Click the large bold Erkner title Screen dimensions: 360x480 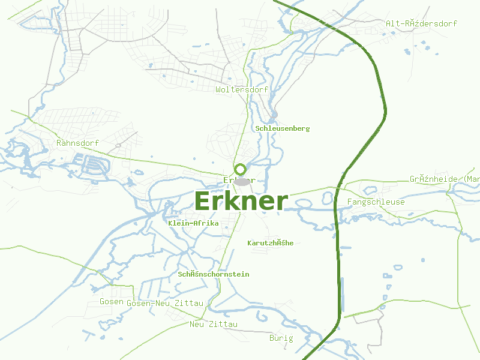[241, 202]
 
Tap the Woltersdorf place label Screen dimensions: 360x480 [242, 89]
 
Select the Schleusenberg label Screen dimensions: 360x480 [283, 128]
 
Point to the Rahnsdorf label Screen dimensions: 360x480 [77, 143]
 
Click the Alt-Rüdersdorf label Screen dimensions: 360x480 [422, 23]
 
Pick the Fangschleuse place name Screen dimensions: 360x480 [376, 202]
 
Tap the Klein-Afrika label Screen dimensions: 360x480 [194, 223]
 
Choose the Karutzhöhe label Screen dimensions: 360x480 [271, 243]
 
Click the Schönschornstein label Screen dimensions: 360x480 [214, 274]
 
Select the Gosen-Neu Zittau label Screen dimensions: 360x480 [166, 304]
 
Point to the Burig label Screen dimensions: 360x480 [281, 338]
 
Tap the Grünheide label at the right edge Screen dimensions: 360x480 [445, 179]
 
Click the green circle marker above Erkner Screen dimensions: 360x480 [241, 169]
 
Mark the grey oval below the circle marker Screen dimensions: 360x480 [241, 181]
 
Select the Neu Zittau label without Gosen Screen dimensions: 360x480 [214, 325]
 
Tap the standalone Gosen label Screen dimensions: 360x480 [112, 302]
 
